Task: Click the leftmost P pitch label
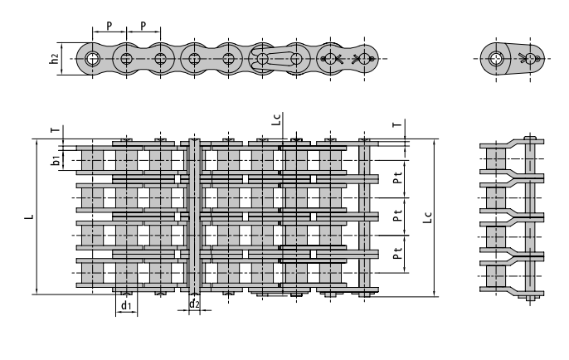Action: coord(109,26)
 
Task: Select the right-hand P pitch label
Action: coord(143,26)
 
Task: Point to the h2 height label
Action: coord(54,59)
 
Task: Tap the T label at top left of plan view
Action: coord(55,130)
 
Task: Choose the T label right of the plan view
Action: coord(398,125)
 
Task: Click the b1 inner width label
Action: coord(55,160)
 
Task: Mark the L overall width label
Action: coord(30,216)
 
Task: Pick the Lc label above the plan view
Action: coord(276,119)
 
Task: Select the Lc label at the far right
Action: coord(428,217)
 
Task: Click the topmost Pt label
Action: coord(398,178)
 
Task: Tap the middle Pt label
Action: coord(398,216)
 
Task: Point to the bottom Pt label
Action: coord(398,253)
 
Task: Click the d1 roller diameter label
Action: coord(126,305)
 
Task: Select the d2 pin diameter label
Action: coord(194,304)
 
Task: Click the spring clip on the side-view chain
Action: coord(267,58)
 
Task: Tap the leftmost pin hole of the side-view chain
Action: coord(93,58)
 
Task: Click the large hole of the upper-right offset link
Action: coord(496,58)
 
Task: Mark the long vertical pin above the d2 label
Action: coord(194,216)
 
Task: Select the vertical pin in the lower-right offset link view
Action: coord(531,217)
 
